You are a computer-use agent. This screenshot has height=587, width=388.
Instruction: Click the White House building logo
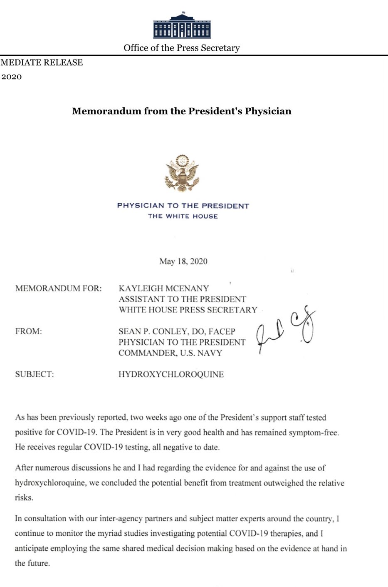[182, 26]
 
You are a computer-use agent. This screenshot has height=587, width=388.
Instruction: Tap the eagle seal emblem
[182, 173]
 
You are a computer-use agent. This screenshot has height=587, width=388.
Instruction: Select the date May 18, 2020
[183, 261]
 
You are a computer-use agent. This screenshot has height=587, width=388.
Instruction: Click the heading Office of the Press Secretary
[182, 48]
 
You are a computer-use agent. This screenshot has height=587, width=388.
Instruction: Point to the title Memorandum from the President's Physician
[182, 111]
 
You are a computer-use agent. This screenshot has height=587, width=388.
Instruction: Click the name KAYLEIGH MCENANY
[163, 289]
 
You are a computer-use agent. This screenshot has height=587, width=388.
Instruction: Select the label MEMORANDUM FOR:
[58, 289]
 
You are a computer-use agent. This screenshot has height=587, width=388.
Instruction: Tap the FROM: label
[28, 332]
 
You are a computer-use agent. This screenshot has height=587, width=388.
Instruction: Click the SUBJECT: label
[35, 374]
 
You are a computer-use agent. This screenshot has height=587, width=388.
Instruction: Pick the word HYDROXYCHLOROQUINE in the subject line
[171, 374]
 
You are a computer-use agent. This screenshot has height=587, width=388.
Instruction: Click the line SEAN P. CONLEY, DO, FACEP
[177, 332]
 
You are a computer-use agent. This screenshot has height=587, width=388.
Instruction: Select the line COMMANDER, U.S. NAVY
[170, 353]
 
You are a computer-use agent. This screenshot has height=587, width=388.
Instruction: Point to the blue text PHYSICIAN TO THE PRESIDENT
[183, 206]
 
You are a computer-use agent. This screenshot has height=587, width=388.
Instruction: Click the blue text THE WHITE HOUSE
[183, 216]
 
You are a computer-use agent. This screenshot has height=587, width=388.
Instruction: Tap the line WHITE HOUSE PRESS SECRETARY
[188, 310]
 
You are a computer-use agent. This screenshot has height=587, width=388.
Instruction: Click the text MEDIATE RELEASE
[42, 62]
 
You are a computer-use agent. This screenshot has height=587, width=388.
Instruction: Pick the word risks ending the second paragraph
[23, 498]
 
